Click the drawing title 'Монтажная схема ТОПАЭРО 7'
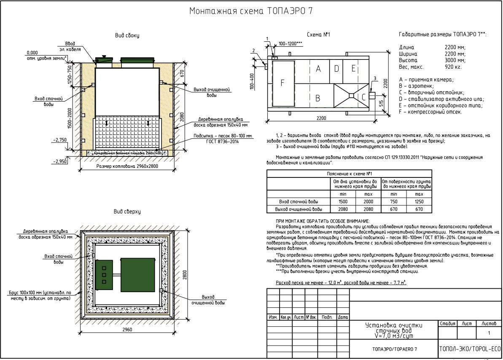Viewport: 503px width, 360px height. point(251,11)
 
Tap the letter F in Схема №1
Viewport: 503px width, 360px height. point(282,83)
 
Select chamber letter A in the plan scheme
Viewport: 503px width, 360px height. point(318,69)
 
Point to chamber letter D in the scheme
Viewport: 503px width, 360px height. point(336,68)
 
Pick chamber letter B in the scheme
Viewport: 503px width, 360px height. point(318,98)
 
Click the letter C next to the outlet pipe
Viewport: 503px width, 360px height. point(363,97)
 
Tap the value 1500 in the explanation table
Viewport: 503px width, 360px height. point(343,202)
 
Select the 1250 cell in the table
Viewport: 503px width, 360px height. point(419,202)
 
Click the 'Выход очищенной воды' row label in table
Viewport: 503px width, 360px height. point(299,209)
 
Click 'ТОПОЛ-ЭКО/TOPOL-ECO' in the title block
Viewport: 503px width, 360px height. point(470,349)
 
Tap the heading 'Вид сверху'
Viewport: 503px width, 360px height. point(127,211)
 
